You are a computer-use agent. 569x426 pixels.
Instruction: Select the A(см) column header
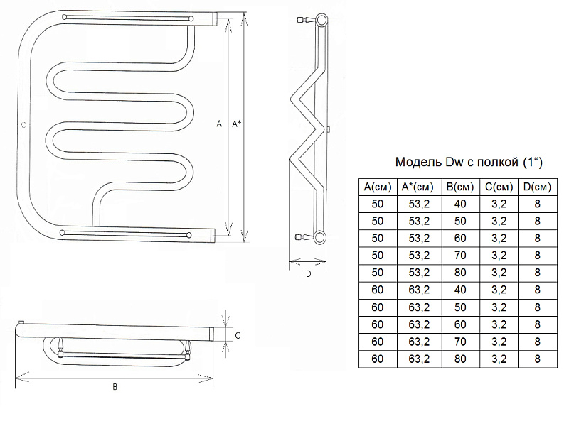(x=378, y=187)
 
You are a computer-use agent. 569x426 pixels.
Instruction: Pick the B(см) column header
(x=460, y=187)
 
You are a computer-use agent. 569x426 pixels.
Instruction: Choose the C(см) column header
(x=499, y=187)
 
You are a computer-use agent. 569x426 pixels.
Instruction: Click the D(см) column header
(x=538, y=187)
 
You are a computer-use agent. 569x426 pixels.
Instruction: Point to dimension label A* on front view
(x=237, y=124)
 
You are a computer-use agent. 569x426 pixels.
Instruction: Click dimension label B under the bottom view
(x=115, y=387)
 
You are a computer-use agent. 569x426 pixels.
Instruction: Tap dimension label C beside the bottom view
(x=238, y=335)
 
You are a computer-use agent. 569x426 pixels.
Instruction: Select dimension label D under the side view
(x=308, y=274)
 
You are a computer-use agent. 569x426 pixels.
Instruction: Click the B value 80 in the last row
(x=460, y=359)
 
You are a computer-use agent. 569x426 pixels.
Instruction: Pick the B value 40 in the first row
(x=460, y=204)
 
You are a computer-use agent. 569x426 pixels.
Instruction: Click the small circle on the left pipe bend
(x=24, y=125)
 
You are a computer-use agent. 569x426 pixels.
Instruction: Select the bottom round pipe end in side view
(x=320, y=237)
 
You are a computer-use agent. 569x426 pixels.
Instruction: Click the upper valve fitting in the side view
(x=306, y=20)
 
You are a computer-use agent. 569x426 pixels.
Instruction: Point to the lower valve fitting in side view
(x=305, y=237)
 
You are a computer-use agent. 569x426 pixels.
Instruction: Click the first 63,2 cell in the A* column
(x=419, y=290)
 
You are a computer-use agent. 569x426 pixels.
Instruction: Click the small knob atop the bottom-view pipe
(x=21, y=322)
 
